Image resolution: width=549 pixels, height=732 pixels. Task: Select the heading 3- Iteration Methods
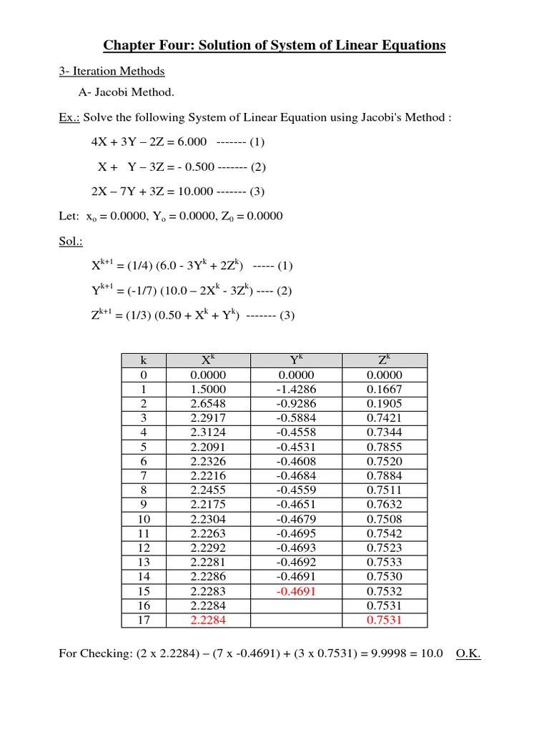click(x=112, y=71)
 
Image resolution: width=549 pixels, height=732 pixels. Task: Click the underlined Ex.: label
click(x=69, y=117)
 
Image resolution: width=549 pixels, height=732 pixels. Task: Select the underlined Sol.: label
click(x=71, y=242)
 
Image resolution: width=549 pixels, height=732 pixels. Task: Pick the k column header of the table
click(x=144, y=361)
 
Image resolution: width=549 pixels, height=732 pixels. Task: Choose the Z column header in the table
click(x=385, y=361)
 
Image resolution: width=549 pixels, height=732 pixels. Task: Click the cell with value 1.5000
click(x=208, y=390)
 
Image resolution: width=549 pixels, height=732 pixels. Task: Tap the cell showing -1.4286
click(x=297, y=390)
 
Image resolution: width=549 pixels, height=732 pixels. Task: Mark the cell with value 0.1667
click(x=385, y=390)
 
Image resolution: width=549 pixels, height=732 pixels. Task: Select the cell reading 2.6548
click(x=208, y=404)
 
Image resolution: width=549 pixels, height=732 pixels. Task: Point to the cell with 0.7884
click(x=385, y=476)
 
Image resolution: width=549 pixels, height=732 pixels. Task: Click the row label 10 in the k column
click(x=144, y=520)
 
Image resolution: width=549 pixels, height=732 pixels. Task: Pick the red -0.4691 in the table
click(x=297, y=592)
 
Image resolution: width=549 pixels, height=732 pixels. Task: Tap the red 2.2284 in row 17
click(x=208, y=620)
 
